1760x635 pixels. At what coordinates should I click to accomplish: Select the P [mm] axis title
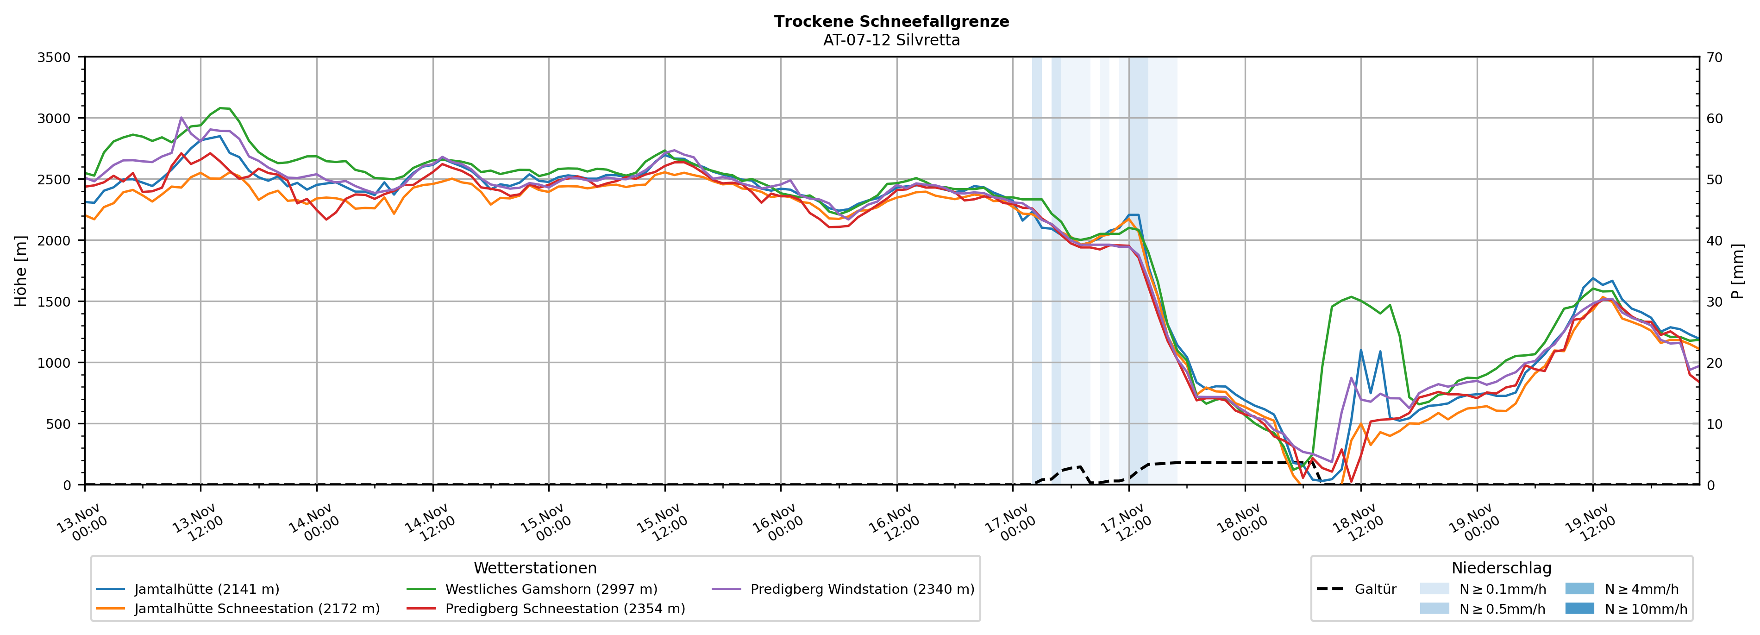click(1738, 270)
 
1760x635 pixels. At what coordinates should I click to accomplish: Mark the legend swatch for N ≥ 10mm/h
click(1579, 608)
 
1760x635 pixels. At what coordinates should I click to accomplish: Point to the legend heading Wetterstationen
click(535, 568)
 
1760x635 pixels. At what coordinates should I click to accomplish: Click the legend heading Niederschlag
click(1501, 568)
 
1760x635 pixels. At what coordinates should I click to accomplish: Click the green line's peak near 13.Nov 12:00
click(221, 108)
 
